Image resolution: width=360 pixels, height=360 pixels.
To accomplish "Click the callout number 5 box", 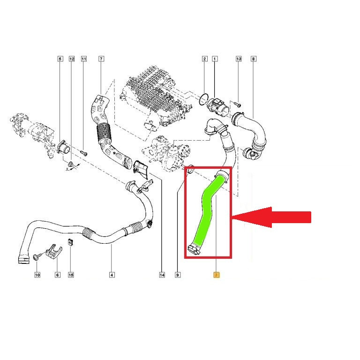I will (x=60, y=59).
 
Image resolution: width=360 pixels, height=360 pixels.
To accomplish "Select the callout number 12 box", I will (x=72, y=59).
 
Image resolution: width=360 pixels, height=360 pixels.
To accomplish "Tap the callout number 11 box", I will (x=84, y=59).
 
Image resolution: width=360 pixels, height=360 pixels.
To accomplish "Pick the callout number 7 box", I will (x=101, y=59).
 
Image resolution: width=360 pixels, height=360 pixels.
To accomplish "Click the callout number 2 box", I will (x=205, y=59).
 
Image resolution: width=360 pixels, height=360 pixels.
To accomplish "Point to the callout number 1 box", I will (x=215, y=59).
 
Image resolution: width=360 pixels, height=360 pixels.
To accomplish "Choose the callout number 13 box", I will (x=239, y=59).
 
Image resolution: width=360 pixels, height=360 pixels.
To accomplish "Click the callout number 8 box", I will (x=254, y=59).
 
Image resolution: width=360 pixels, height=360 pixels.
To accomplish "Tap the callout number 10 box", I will (x=37, y=275).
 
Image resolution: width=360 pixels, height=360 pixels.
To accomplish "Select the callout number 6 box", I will (x=58, y=275).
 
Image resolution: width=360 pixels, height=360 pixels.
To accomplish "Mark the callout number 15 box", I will (x=71, y=275).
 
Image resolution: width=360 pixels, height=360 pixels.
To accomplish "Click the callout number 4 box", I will (x=112, y=275).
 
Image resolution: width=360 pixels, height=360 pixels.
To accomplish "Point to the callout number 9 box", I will (x=178, y=275).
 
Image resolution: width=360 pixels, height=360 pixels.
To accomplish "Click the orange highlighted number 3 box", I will (x=216, y=275).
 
